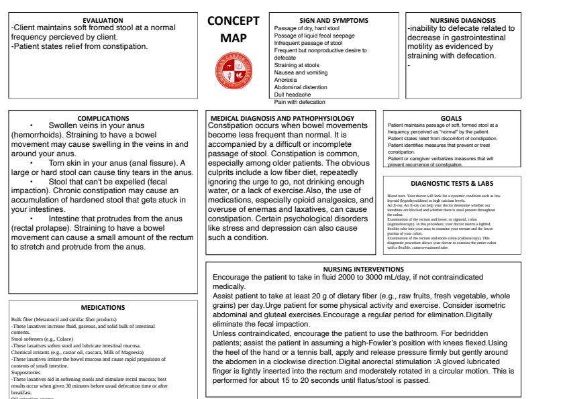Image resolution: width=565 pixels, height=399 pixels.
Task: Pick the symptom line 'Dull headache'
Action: coord(293,95)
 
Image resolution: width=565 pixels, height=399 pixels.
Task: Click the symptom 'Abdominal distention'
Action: coord(300,87)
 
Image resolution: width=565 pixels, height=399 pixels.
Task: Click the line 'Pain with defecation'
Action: coord(299,102)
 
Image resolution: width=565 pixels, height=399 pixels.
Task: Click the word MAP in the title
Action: coord(234,39)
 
